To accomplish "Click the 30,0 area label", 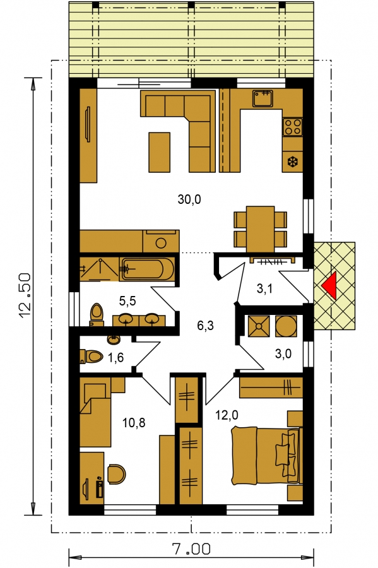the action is (189, 199).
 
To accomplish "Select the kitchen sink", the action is (263, 98).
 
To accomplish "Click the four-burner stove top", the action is (293, 127).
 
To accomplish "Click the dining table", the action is (261, 229).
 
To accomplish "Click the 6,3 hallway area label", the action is (205, 326).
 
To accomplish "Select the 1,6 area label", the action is (116, 358).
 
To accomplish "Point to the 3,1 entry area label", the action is (264, 288).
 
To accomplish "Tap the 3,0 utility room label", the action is (283, 353).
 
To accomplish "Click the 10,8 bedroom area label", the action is (134, 422).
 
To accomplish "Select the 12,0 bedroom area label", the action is (227, 415).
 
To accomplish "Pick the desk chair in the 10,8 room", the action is (116, 474).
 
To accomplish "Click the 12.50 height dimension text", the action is (26, 296).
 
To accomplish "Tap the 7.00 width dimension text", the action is (191, 549).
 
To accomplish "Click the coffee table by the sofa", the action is (159, 152).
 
